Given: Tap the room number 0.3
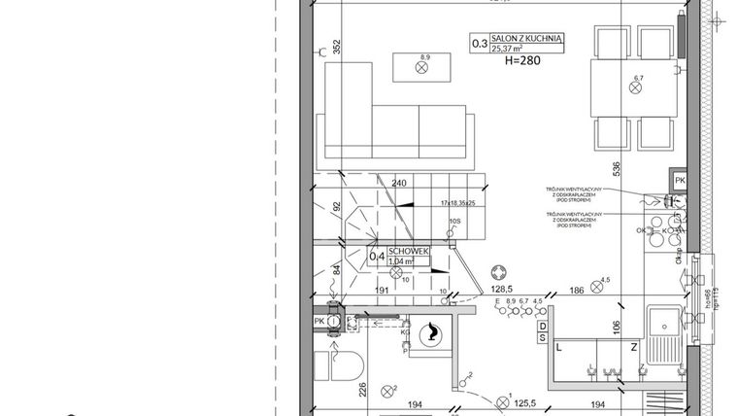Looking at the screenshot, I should coord(480,43).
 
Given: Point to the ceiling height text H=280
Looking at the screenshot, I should coord(522,60).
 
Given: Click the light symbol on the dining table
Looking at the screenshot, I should coord(637,87).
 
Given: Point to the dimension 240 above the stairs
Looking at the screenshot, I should coord(398,182).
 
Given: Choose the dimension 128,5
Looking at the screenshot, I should coord(502,290).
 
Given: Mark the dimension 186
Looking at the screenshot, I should coord(577,290).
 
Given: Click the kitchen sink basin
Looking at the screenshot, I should coord(665,325).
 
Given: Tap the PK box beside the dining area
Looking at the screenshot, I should coord(680,181).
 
